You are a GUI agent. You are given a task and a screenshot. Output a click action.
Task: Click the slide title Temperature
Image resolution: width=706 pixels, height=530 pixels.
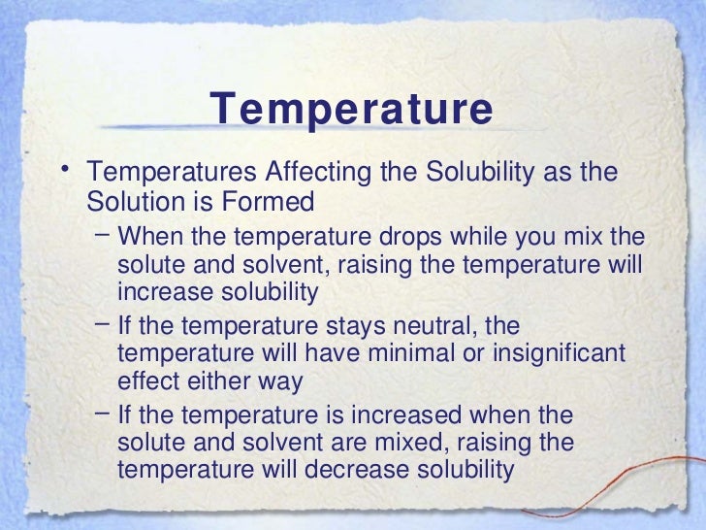[351, 110]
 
